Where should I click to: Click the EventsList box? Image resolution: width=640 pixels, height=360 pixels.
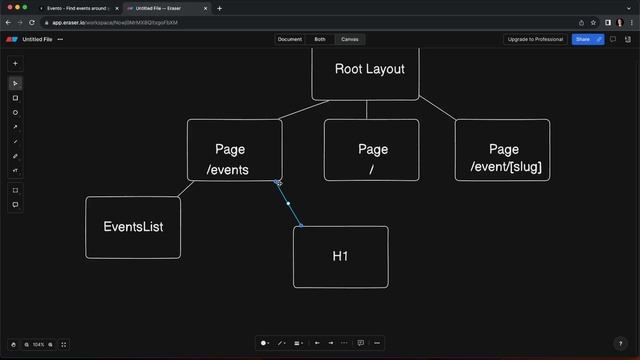133,227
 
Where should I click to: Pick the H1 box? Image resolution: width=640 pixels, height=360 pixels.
340,257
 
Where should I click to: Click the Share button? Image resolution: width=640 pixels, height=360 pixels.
582,39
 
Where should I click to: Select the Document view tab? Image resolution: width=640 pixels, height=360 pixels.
290,39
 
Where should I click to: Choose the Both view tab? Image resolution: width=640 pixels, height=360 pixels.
320,39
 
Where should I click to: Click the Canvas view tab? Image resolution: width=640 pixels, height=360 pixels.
350,39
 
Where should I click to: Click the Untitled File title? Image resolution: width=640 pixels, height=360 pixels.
37,39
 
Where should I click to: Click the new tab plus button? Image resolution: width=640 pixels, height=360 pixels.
220,8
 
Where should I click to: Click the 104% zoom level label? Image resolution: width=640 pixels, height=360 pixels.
39,344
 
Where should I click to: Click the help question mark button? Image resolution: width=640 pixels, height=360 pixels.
620,344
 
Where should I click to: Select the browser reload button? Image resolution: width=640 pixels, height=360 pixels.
33,22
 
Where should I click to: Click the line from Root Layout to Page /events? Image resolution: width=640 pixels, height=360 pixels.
297,109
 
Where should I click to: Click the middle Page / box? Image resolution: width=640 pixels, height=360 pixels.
372,150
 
